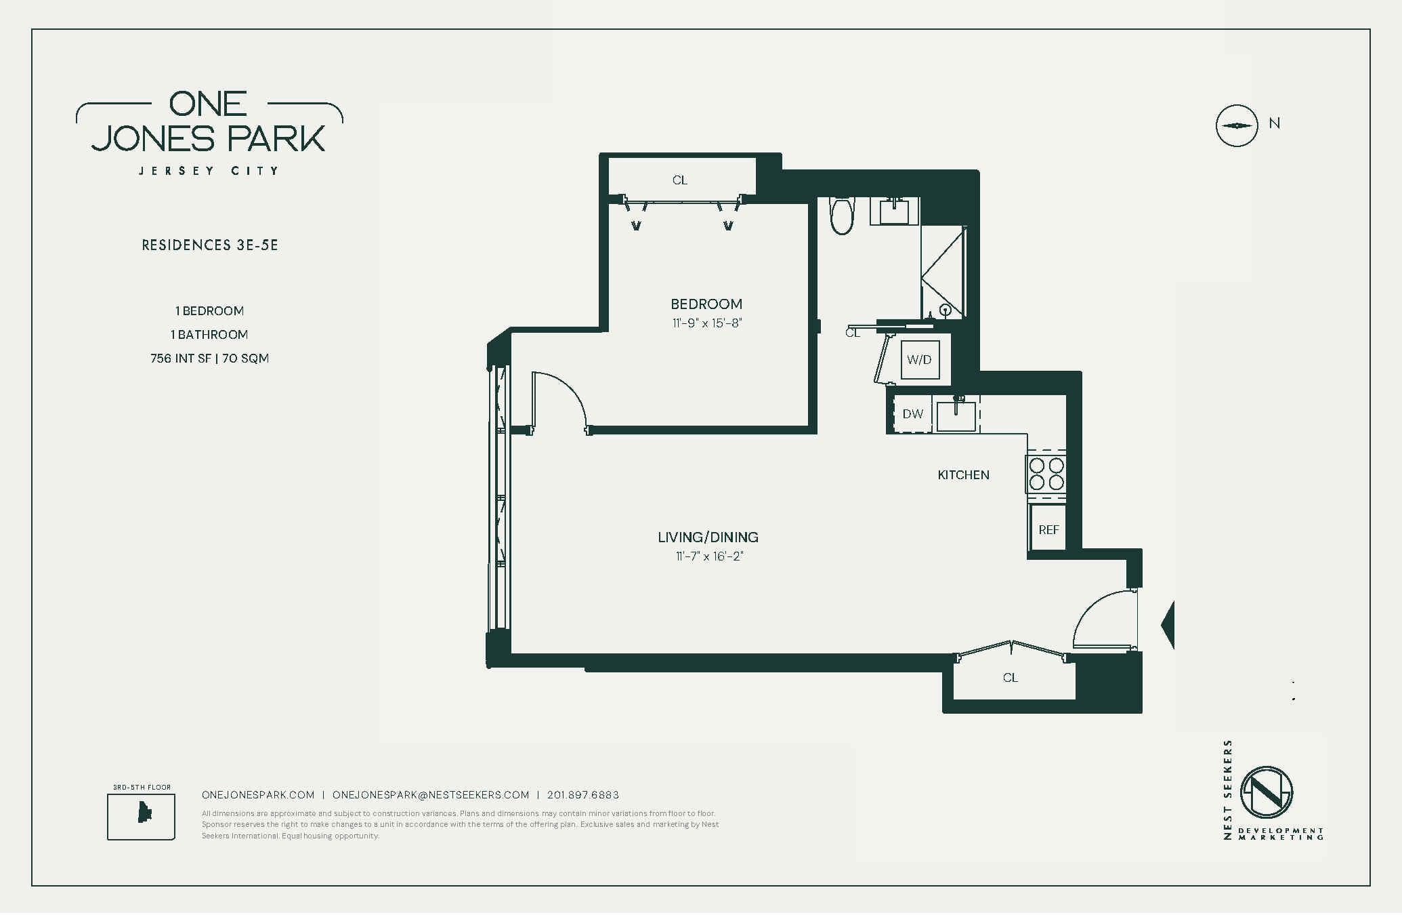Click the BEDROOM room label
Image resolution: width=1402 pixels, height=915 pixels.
[x=706, y=304]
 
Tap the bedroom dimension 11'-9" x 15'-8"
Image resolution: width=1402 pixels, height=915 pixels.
[x=706, y=323]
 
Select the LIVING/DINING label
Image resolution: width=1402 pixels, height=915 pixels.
[x=708, y=537]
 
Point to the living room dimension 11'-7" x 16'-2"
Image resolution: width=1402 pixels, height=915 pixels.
[x=708, y=556]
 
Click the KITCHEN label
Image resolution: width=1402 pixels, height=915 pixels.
[x=963, y=475]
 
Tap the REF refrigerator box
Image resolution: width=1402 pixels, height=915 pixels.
[x=1048, y=529]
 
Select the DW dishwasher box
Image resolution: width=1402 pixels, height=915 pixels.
[x=912, y=414]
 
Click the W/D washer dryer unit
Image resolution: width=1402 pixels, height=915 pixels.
[x=919, y=360]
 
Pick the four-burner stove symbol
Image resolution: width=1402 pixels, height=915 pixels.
[x=1046, y=474]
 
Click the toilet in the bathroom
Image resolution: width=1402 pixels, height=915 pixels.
[x=842, y=216]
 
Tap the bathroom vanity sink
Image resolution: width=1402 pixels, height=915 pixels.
[x=894, y=211]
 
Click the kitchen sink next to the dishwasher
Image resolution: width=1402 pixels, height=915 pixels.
[x=956, y=415]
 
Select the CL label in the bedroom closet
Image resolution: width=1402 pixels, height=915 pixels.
[x=679, y=180]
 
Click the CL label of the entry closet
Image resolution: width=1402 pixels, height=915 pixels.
[x=1010, y=678]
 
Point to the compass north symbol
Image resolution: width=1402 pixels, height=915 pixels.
[x=1237, y=125]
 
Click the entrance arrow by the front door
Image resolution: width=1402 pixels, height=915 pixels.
[x=1168, y=625]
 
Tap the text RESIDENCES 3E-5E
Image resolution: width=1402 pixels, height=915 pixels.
[x=210, y=245]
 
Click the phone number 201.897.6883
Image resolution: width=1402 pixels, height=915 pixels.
[x=582, y=795]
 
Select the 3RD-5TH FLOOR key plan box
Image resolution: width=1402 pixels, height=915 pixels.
[x=141, y=817]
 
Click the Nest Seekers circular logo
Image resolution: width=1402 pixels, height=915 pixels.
[x=1266, y=792]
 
